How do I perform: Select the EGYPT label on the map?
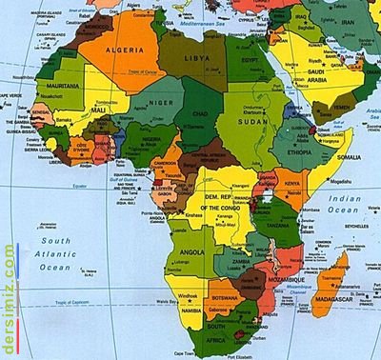(251, 60)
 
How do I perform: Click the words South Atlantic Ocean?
(55, 254)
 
